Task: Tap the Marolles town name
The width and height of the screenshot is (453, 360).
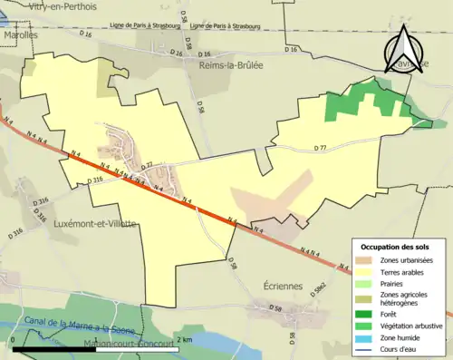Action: click(20, 34)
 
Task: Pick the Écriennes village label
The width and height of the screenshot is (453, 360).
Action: click(264, 285)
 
